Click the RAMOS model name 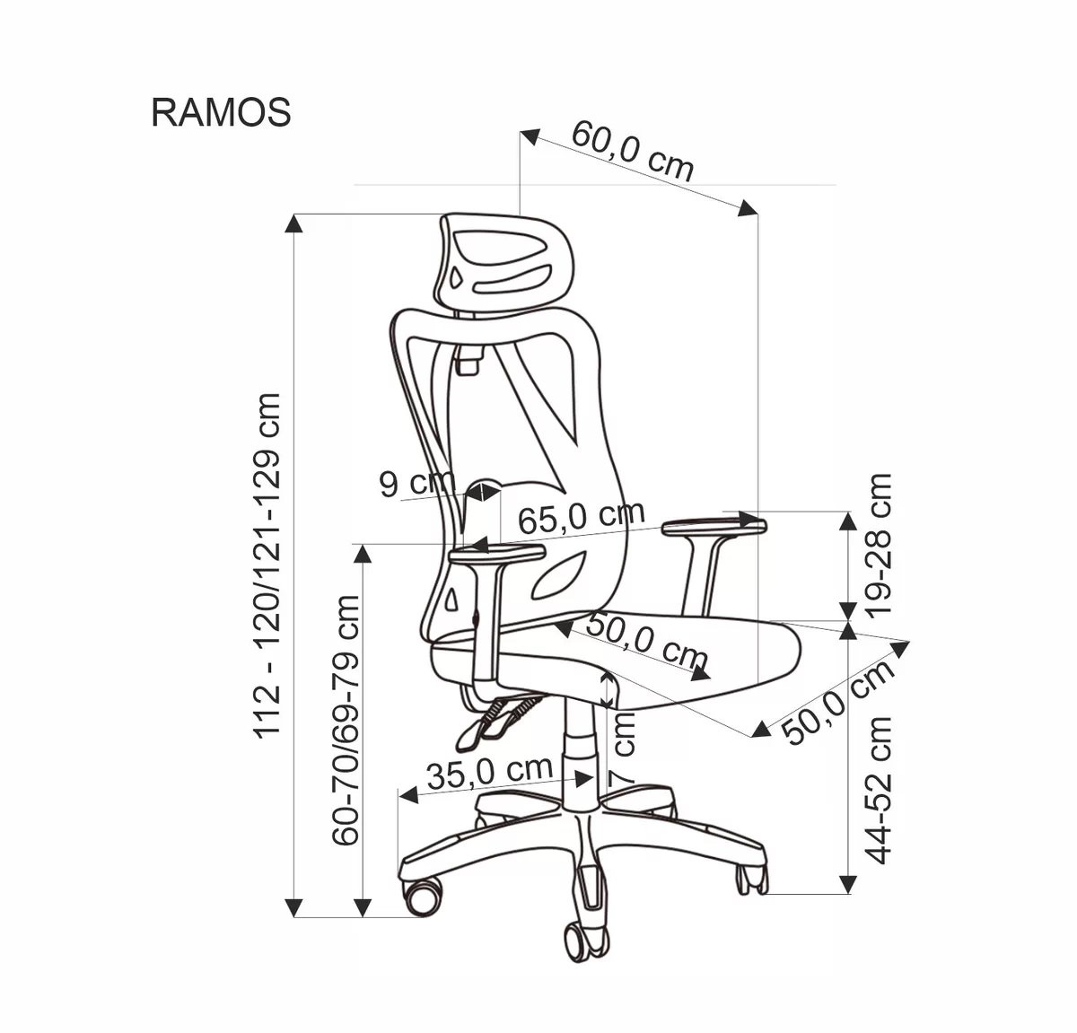(221, 113)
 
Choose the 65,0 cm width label (581, 517)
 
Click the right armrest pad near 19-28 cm (714, 527)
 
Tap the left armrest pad (496, 556)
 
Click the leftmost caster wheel (422, 894)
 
